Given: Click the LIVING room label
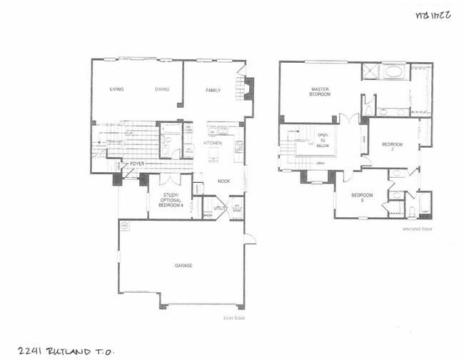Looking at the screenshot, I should click(x=116, y=89).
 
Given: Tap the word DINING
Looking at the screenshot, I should click(x=162, y=89).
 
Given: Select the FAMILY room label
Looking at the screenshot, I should click(x=213, y=90).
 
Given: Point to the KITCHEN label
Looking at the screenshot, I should click(x=213, y=144).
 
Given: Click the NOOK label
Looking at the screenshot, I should click(x=223, y=181).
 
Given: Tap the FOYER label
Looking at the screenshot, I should click(x=138, y=163).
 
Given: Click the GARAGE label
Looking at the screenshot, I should click(x=184, y=265).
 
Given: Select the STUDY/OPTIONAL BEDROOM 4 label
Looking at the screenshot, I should click(x=171, y=200).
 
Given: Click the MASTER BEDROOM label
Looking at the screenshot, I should click(x=320, y=92).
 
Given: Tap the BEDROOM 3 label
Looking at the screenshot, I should click(x=362, y=198).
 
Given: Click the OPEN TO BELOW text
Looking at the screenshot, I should click(x=323, y=141).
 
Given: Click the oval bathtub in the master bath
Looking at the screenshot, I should click(x=395, y=72).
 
